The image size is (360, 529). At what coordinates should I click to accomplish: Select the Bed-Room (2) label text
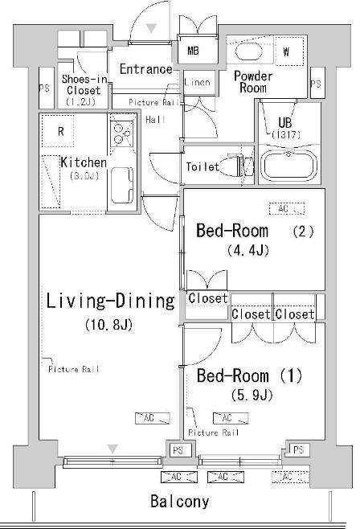click(x=255, y=232)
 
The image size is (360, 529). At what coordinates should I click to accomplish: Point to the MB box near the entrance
click(x=194, y=51)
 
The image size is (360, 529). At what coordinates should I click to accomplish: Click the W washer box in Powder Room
click(x=287, y=53)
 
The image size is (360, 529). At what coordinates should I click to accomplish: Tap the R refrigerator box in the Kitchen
click(x=60, y=130)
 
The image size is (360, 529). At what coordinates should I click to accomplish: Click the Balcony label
click(x=180, y=502)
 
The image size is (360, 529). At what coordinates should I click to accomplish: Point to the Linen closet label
click(x=197, y=82)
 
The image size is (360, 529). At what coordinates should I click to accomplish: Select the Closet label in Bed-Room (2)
click(x=207, y=299)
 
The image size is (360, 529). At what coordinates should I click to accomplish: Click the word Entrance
click(x=145, y=69)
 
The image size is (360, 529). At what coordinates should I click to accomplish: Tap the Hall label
click(x=155, y=119)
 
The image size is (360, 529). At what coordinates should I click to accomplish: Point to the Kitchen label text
click(x=84, y=162)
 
